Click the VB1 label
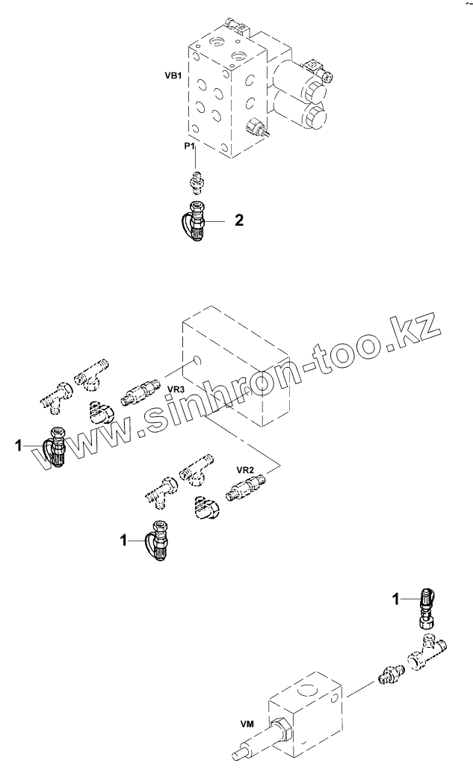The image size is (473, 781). [x=173, y=75]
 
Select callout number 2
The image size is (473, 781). [x=238, y=220]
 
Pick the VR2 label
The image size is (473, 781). [x=246, y=469]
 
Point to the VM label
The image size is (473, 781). [x=246, y=723]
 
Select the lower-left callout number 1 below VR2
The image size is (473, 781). [x=123, y=538]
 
